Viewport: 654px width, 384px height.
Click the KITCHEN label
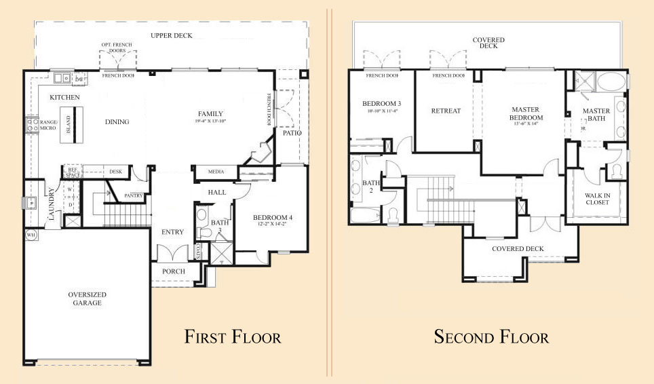tap(65, 98)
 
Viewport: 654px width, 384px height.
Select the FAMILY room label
tap(210, 113)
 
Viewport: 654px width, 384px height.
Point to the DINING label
tap(117, 122)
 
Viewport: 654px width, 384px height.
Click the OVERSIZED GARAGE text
tap(87, 299)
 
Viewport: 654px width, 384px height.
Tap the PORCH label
tap(172, 271)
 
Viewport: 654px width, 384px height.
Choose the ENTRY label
tap(172, 232)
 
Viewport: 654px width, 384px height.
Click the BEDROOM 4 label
tap(271, 217)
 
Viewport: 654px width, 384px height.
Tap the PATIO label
tap(292, 133)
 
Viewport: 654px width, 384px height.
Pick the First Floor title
tap(233, 337)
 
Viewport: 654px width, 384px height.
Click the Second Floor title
tap(491, 337)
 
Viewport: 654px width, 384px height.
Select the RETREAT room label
tap(446, 111)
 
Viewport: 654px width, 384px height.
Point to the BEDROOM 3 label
tap(380, 103)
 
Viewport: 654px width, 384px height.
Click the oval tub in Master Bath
tap(613, 83)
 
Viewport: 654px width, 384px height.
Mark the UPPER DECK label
tap(171, 35)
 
